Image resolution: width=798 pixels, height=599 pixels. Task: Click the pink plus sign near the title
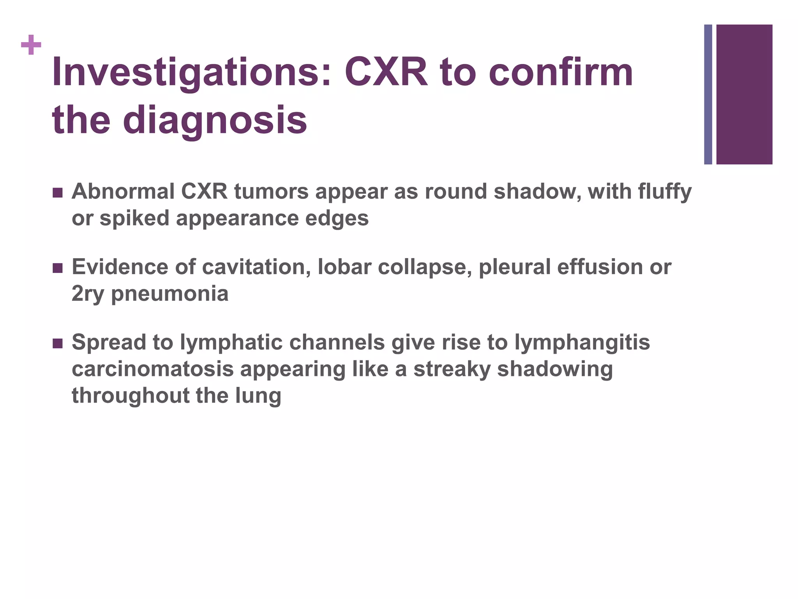coord(31,45)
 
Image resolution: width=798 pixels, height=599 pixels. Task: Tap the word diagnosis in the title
coord(215,120)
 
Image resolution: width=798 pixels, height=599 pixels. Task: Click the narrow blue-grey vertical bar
coord(708,94)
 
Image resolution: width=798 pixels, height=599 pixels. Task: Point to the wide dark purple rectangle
coord(744,94)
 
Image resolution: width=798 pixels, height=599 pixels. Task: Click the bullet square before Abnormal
coord(57,193)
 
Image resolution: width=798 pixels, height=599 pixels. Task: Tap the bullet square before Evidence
coord(57,268)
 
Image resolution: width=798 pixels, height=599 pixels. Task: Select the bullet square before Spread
coord(57,343)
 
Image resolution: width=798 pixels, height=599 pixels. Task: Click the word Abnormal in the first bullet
coord(123,192)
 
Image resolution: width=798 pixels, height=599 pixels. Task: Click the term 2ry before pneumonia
coord(88,294)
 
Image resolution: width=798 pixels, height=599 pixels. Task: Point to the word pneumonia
coord(170,294)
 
